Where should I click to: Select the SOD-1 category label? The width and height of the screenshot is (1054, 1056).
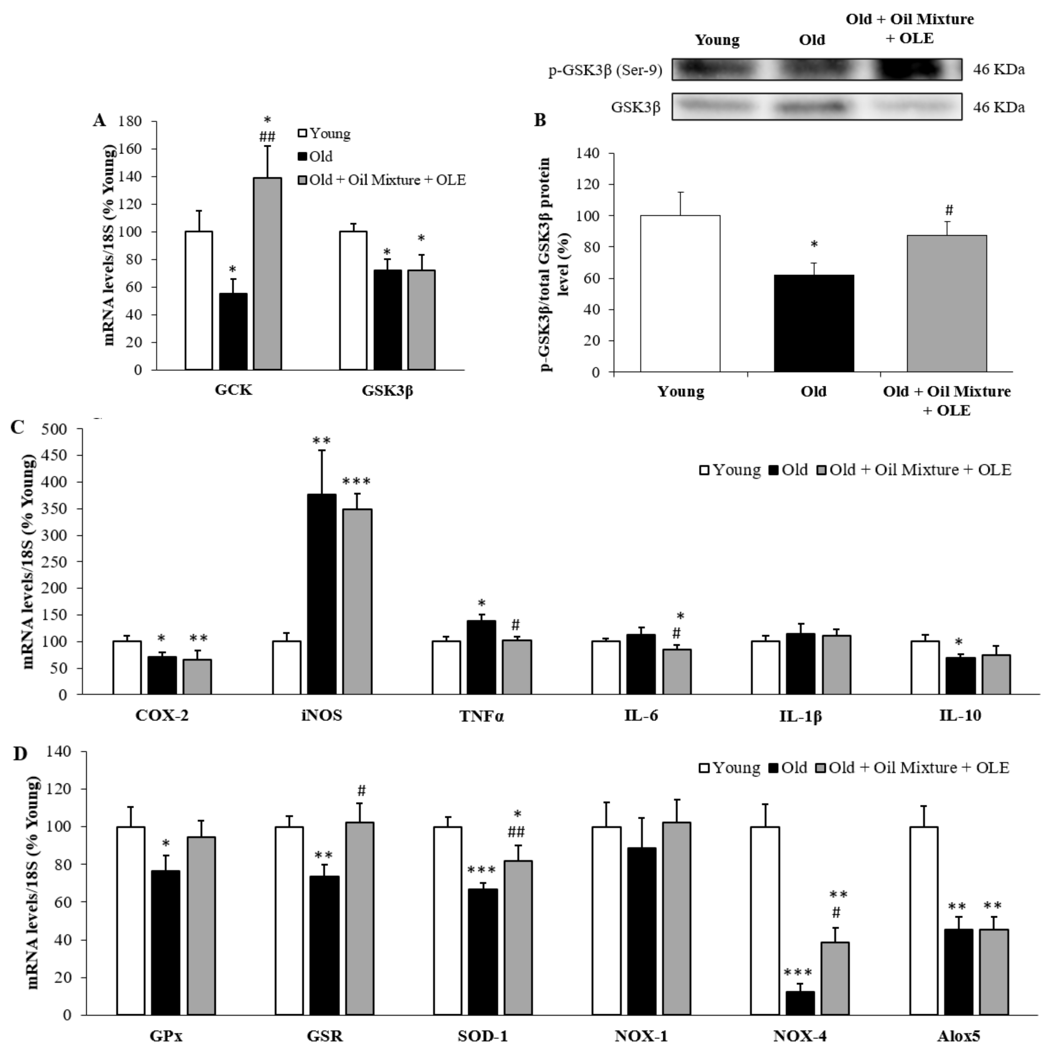pyautogui.click(x=483, y=1036)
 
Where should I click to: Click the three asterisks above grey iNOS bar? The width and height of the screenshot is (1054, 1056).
pyautogui.click(x=356, y=482)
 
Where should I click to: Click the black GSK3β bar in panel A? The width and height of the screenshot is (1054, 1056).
pyautogui.click(x=387, y=320)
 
